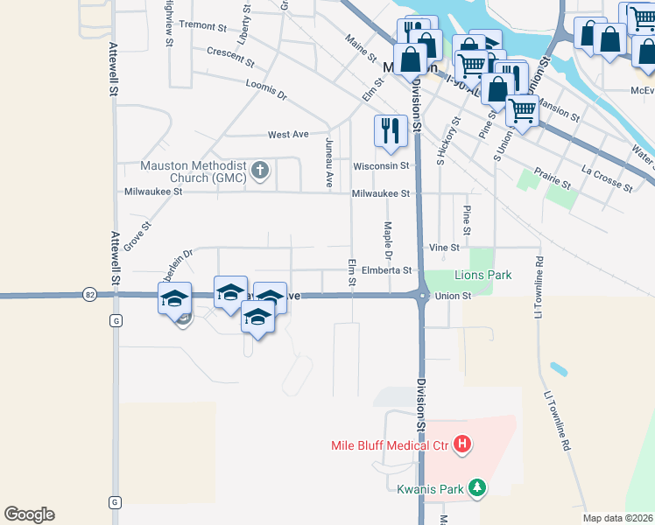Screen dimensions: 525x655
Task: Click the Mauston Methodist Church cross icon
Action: [259, 170]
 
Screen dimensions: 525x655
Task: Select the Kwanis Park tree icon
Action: [476, 488]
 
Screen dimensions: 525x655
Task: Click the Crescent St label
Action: [230, 57]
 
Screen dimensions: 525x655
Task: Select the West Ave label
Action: [288, 135]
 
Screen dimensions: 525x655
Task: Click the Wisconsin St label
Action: [381, 165]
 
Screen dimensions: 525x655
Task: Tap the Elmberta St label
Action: [386, 270]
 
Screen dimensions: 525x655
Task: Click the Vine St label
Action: [444, 248]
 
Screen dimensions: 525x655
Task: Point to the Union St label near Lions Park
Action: [454, 296]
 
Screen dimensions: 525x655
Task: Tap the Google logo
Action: [29, 514]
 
